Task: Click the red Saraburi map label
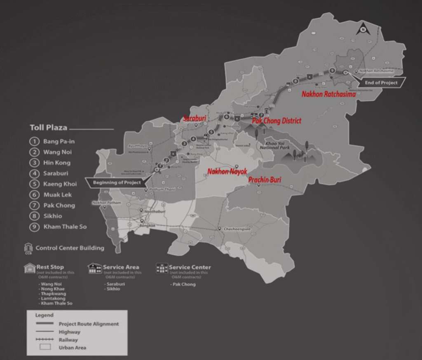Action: pos(195,118)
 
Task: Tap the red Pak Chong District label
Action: pos(276,121)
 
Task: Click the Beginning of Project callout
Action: pos(117,182)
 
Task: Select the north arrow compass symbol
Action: pos(362,29)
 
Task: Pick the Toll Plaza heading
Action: pos(48,128)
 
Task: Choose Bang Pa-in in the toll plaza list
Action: pos(59,141)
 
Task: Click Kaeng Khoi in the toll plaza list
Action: pos(60,184)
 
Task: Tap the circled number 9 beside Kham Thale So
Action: pos(34,227)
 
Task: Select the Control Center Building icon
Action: pos(28,248)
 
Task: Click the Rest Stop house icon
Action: pos(30,268)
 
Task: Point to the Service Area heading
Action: pos(121,267)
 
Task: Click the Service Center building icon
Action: pos(162,268)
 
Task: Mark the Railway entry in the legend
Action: pos(68,340)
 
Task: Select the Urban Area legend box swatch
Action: pos(45,347)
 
